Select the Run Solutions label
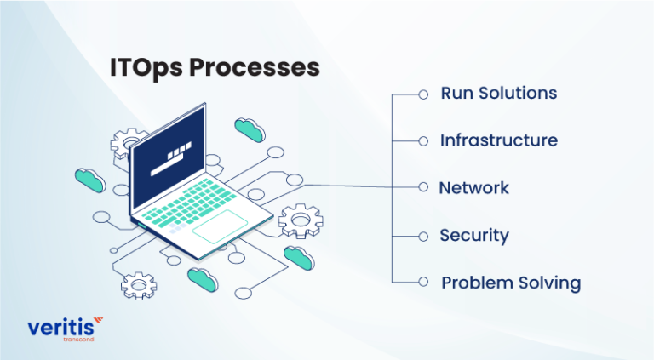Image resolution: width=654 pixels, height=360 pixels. pyautogui.click(x=498, y=94)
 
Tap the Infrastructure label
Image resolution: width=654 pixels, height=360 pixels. pyautogui.click(x=498, y=140)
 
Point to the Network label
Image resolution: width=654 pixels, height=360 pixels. pyautogui.click(x=473, y=187)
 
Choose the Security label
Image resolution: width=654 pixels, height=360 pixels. pyautogui.click(x=473, y=235)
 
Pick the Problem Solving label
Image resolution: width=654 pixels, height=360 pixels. pyautogui.click(x=510, y=283)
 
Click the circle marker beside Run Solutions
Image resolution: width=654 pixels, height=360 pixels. pyautogui.click(x=423, y=94)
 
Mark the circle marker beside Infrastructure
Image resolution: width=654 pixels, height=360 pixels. pyautogui.click(x=423, y=141)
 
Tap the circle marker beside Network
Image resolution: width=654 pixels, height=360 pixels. pyautogui.click(x=423, y=187)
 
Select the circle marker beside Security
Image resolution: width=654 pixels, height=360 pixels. pyautogui.click(x=423, y=235)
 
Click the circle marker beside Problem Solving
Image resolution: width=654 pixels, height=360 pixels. pyautogui.click(x=423, y=282)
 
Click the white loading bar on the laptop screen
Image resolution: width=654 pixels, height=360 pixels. pyautogui.click(x=169, y=162)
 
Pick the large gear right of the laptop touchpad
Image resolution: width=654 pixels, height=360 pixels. pyautogui.click(x=300, y=220)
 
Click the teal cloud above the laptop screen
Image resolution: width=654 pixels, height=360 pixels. pyautogui.click(x=250, y=129)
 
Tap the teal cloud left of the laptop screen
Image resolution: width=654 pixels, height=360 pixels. pyautogui.click(x=89, y=178)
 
